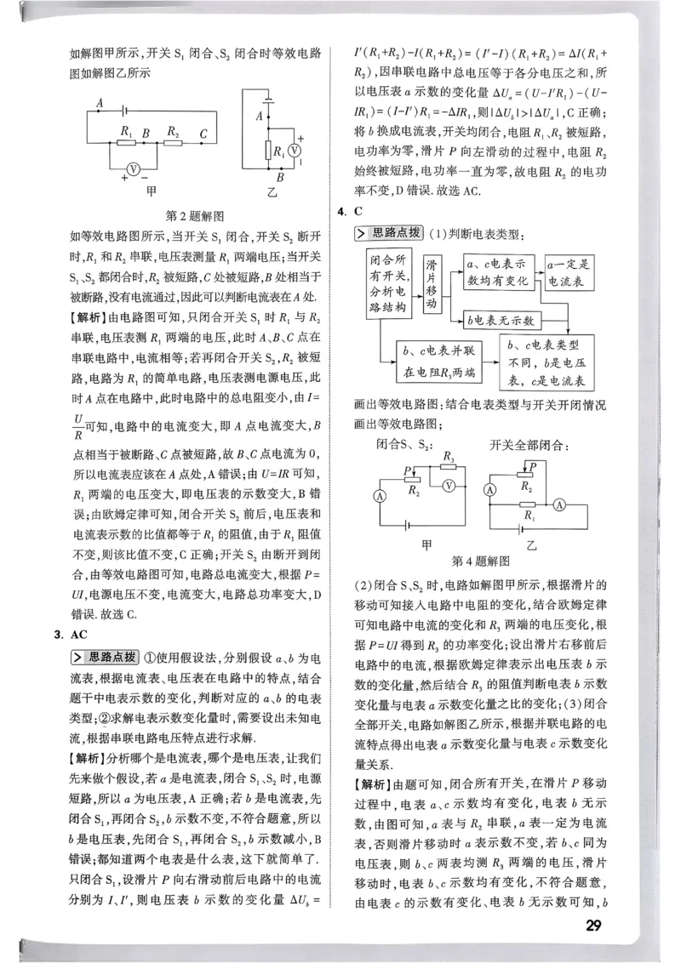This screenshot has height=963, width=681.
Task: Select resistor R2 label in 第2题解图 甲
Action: pyautogui.click(x=173, y=131)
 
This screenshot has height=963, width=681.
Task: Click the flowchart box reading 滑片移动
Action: pyautogui.click(x=432, y=283)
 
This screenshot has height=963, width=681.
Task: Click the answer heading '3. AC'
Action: pyautogui.click(x=67, y=634)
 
